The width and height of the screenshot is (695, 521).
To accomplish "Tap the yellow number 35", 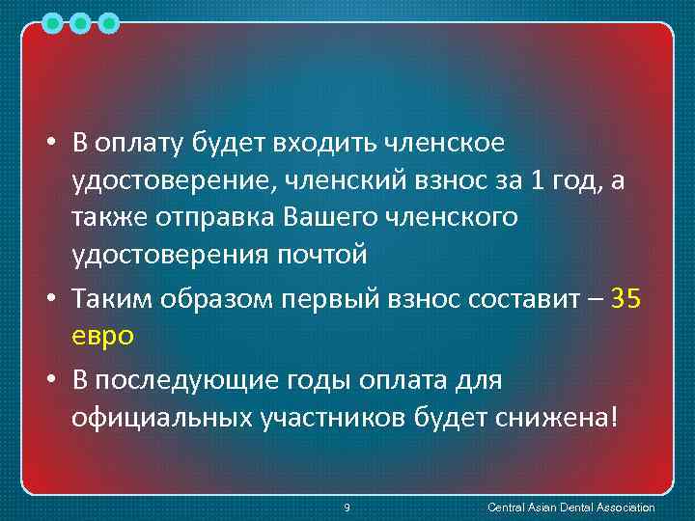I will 625,299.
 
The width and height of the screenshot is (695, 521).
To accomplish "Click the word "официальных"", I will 157,419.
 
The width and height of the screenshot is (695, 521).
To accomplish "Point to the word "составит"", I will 529,299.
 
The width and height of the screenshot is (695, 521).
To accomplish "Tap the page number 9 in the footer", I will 347,507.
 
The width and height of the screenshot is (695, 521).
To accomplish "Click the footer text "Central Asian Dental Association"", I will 571,507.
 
